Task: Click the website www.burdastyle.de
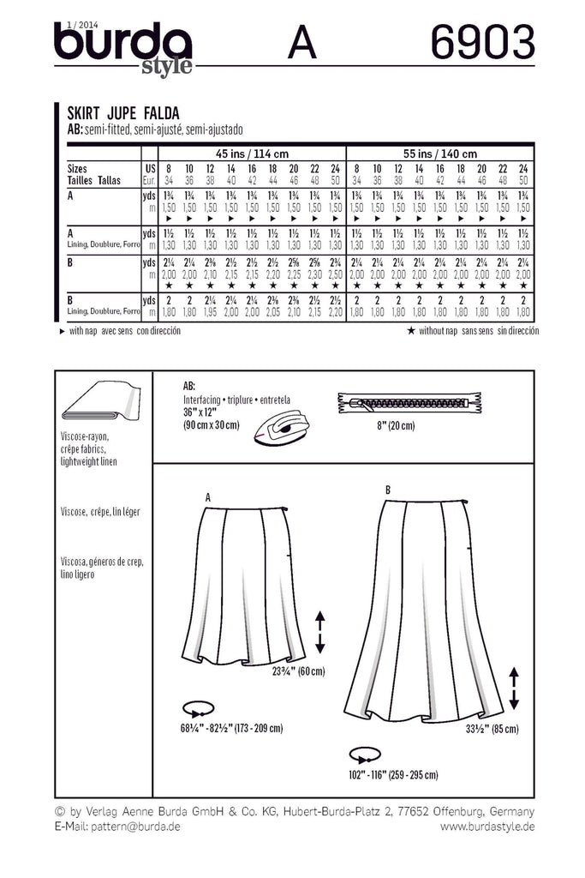click(487, 826)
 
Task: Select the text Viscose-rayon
click(86, 436)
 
